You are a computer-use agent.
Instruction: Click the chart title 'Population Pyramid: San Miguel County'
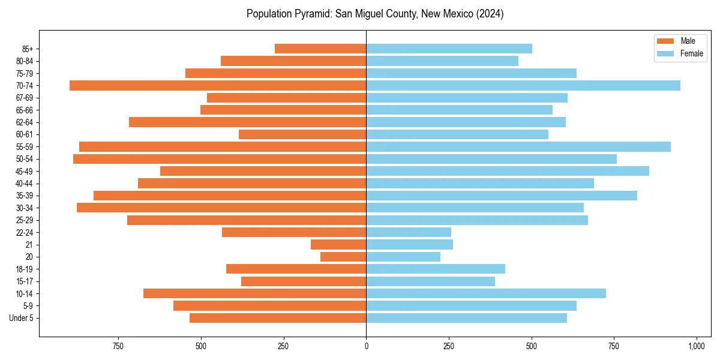pyautogui.click(x=375, y=14)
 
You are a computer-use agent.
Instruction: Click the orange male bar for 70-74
pyautogui.click(x=218, y=85)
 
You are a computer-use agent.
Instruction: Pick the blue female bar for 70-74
pyautogui.click(x=523, y=85)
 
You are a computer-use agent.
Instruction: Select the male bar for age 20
pyautogui.click(x=343, y=257)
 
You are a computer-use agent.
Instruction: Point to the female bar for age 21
pyautogui.click(x=409, y=244)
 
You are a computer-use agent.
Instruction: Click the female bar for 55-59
pyautogui.click(x=518, y=146)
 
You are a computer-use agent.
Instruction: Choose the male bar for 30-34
pyautogui.click(x=221, y=208)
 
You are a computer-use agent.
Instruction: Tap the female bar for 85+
pyautogui.click(x=449, y=49)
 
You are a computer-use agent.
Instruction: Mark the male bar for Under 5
pyautogui.click(x=278, y=318)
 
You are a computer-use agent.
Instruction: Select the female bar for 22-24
pyautogui.click(x=409, y=232)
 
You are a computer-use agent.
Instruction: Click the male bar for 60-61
pyautogui.click(x=302, y=134)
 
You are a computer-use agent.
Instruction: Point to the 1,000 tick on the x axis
pyautogui.click(x=696, y=346)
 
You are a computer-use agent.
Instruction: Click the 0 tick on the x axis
pyautogui.click(x=366, y=346)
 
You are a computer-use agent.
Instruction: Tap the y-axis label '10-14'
pyautogui.click(x=25, y=293)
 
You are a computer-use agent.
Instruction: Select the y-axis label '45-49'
pyautogui.click(x=25, y=171)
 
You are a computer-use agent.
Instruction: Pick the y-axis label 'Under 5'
pyautogui.click(x=22, y=318)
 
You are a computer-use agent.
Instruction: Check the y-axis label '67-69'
pyautogui.click(x=25, y=98)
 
